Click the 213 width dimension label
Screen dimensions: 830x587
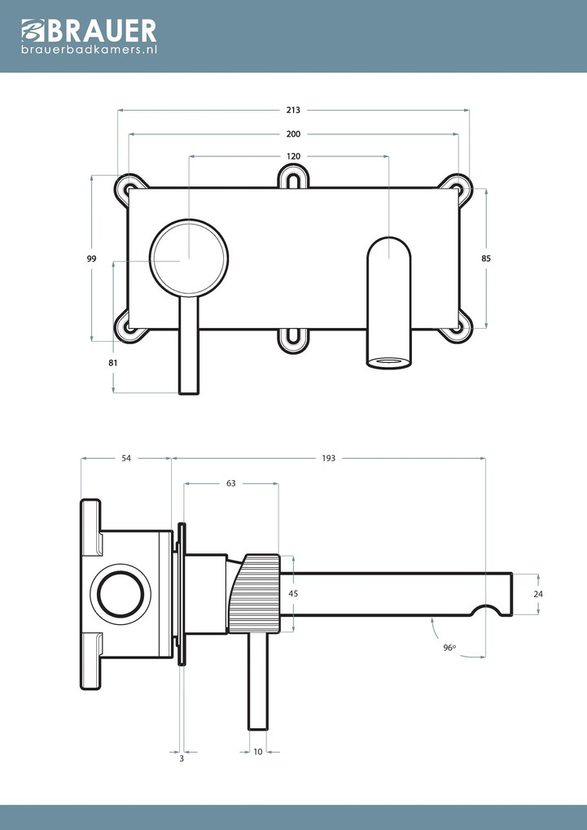[x=293, y=109]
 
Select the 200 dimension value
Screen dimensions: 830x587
[x=293, y=133]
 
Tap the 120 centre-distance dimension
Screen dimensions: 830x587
[x=293, y=156]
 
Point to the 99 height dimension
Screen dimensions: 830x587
[x=92, y=259]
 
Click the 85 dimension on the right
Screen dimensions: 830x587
[x=486, y=258]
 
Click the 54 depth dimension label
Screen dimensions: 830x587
[x=126, y=459]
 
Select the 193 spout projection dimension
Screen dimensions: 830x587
[x=329, y=459]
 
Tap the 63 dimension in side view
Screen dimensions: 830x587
[x=231, y=483]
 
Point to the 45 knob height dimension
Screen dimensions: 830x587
[x=293, y=594]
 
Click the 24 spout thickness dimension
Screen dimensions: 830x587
[x=538, y=594]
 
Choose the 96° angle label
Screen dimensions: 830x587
[x=449, y=648]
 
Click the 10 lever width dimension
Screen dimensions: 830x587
[x=258, y=752]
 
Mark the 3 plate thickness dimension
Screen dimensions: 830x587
[x=182, y=758]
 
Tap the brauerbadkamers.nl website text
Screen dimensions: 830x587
[x=89, y=50]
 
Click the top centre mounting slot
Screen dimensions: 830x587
[x=293, y=178]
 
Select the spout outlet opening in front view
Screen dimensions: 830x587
[x=387, y=361]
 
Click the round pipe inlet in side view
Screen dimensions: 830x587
[x=120, y=593]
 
